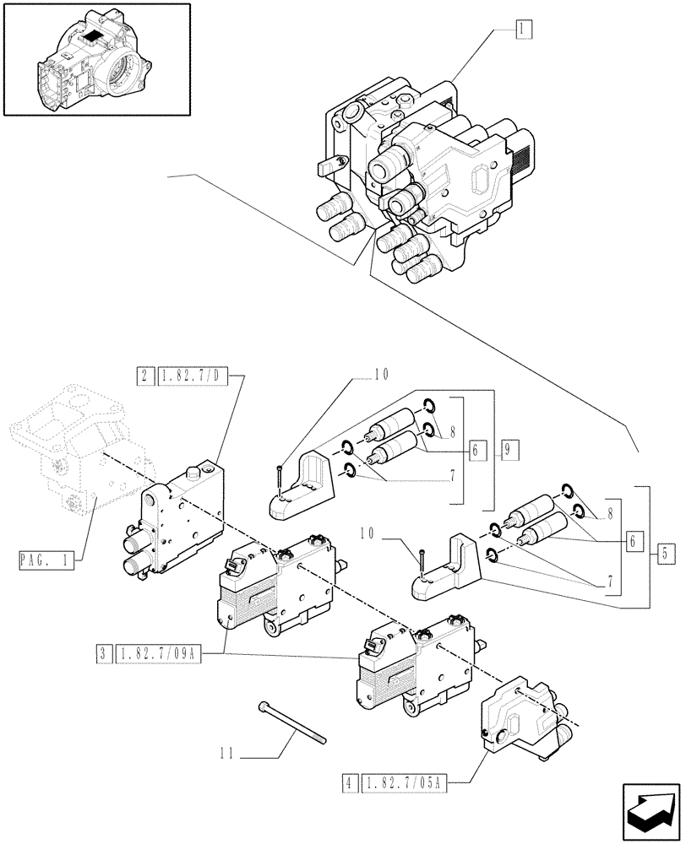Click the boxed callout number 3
[x=103, y=652]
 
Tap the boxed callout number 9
[x=509, y=450]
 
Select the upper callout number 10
[x=382, y=373]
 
